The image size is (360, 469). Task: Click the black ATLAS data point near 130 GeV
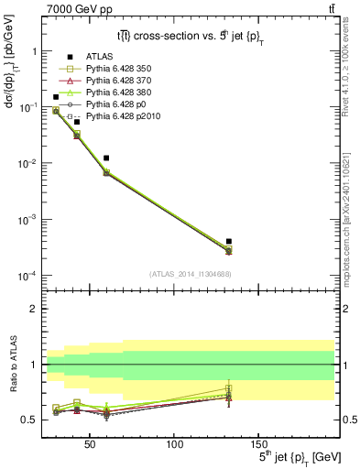pyautogui.click(x=228, y=241)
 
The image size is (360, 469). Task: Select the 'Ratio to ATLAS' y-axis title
pyautogui.click(x=14, y=365)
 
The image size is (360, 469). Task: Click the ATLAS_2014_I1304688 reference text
pyautogui.click(x=191, y=274)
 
